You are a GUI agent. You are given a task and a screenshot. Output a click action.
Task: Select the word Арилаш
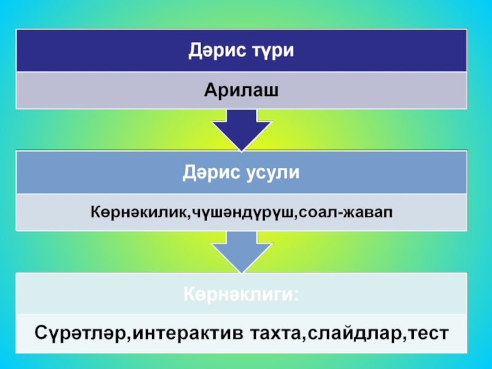242,90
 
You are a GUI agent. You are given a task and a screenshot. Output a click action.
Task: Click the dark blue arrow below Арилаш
241,129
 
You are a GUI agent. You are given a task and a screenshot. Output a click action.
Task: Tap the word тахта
276,334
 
